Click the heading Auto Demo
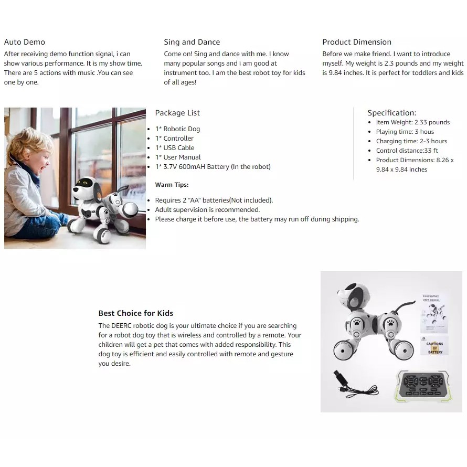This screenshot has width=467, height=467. tap(25, 42)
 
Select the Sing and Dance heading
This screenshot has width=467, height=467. tap(192, 42)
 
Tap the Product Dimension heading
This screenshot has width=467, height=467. tap(357, 42)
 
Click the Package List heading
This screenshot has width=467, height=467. tap(177, 113)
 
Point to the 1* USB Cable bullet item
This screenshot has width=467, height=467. tap(175, 148)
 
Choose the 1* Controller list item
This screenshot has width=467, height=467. tap(174, 138)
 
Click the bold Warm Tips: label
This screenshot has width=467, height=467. tap(172, 185)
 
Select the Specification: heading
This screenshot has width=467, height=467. tap(391, 113)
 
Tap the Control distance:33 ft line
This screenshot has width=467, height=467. tap(407, 151)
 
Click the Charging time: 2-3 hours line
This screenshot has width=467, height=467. tap(411, 141)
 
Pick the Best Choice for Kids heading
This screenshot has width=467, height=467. tap(136, 313)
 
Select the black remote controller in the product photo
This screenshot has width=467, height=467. tap(423, 386)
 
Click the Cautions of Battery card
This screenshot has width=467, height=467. tap(434, 346)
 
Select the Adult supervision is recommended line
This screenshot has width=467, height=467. tap(207, 210)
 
